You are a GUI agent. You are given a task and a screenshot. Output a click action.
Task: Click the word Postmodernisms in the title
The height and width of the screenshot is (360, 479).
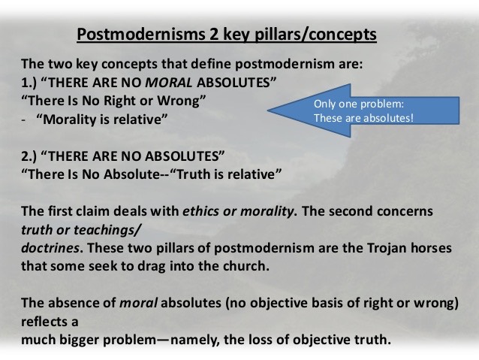[x=141, y=34]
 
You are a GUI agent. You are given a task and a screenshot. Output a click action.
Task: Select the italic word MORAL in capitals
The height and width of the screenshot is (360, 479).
[x=169, y=83]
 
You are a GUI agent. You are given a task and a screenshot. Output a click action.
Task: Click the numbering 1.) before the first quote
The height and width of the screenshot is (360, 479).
[x=29, y=83]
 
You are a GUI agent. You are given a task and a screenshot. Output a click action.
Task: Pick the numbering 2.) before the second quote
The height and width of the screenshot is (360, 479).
[x=29, y=156]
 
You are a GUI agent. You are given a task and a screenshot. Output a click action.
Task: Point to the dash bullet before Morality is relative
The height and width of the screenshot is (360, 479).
[x=23, y=120]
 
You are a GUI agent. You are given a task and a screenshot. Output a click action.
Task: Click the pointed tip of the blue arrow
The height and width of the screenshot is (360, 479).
[x=267, y=110]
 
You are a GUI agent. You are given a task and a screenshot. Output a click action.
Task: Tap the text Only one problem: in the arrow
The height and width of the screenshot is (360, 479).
[x=359, y=104]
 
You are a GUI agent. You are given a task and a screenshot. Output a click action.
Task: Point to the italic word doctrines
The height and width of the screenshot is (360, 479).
[x=50, y=248]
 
